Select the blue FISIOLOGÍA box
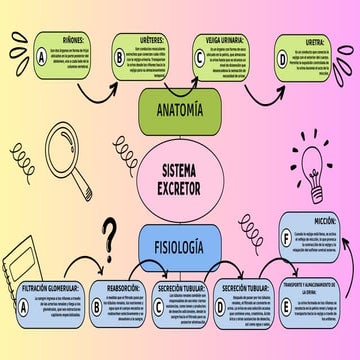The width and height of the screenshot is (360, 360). point(180,244)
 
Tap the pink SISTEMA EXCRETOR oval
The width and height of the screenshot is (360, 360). point(180,176)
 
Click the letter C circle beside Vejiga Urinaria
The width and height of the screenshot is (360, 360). point(199,57)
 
